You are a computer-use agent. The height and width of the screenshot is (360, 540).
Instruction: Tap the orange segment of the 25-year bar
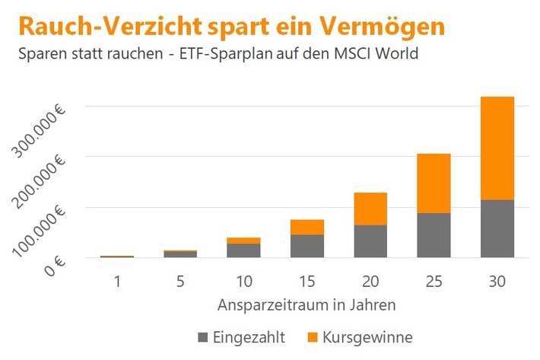click(x=434, y=183)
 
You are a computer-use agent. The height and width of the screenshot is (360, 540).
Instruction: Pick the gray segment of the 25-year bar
click(x=434, y=235)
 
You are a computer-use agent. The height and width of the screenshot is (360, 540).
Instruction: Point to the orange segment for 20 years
click(x=370, y=209)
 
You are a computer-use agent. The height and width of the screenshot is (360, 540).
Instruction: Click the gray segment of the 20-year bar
click(x=370, y=241)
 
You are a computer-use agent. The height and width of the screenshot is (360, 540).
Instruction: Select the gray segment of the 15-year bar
click(x=307, y=246)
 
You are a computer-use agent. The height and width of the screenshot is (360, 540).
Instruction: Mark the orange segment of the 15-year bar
click(x=307, y=227)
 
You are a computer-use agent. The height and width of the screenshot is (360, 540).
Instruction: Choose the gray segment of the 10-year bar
click(x=243, y=250)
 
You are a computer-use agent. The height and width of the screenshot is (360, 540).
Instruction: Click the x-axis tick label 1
click(x=117, y=281)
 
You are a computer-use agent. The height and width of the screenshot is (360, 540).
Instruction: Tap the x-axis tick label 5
click(x=180, y=281)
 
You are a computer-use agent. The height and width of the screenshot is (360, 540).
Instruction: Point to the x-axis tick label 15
click(x=307, y=281)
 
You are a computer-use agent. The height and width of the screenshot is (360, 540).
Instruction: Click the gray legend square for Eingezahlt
click(x=202, y=336)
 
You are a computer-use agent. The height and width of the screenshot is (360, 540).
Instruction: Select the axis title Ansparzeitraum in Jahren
click(x=307, y=305)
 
